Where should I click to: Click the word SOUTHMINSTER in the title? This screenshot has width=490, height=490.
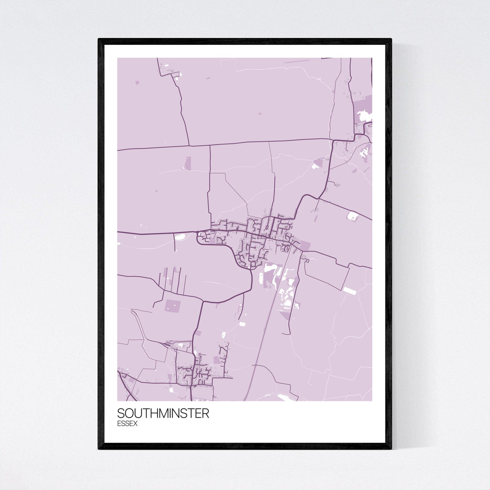coord(163,413)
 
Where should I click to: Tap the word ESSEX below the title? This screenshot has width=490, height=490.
coord(127,423)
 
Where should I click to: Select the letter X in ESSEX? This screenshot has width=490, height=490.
coord(135,423)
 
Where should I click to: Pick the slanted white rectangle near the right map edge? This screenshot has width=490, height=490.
coord(350,290)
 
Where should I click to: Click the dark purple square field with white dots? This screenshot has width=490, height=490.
coord(172,306)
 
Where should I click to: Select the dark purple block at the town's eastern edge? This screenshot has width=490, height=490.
coord(306,245)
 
